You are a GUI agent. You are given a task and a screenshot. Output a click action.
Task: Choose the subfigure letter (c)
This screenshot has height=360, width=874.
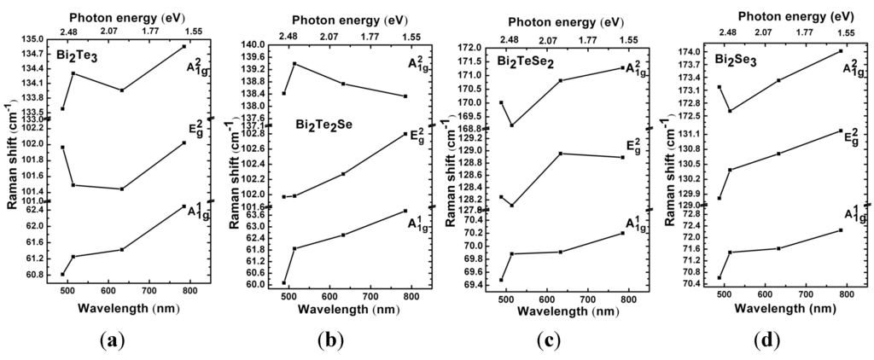point(546,340)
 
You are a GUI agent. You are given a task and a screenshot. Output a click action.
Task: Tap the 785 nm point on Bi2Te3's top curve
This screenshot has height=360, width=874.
point(184,46)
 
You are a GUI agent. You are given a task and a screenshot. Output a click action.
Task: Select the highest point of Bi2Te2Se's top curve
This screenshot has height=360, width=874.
point(294,64)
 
